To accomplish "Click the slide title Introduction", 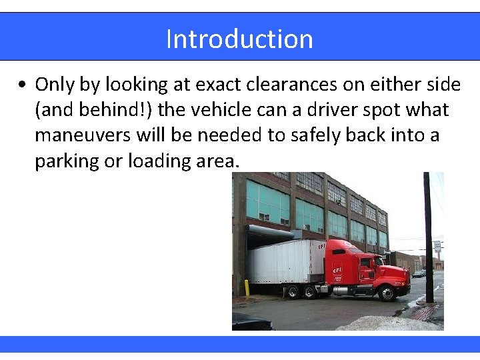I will pos(239,39).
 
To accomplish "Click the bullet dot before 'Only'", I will pos(23,85).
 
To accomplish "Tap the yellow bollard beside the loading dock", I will pos(246,287).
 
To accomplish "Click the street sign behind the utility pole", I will pos(437,247).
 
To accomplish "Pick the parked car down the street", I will pos(419,273).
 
